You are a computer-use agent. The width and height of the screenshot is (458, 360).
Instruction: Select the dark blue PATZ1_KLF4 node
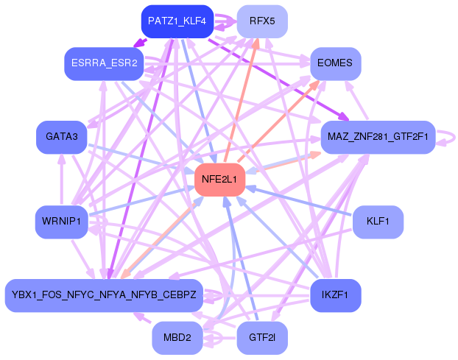click(176, 21)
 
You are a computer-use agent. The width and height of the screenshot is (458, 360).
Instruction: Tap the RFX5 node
click(261, 21)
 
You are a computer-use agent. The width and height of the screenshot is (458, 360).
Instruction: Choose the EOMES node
click(335, 63)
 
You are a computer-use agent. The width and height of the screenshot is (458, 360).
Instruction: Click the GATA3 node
click(62, 137)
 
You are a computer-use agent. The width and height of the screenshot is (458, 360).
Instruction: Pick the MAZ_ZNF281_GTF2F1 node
click(378, 137)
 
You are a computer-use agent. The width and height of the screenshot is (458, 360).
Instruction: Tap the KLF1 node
click(378, 221)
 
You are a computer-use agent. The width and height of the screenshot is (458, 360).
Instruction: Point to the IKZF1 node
click(335, 295)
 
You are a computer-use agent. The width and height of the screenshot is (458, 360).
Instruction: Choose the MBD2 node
click(177, 338)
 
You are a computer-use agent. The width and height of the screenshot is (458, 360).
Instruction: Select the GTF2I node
click(261, 338)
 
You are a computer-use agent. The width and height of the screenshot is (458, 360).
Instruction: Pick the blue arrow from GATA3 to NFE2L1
click(140, 158)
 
